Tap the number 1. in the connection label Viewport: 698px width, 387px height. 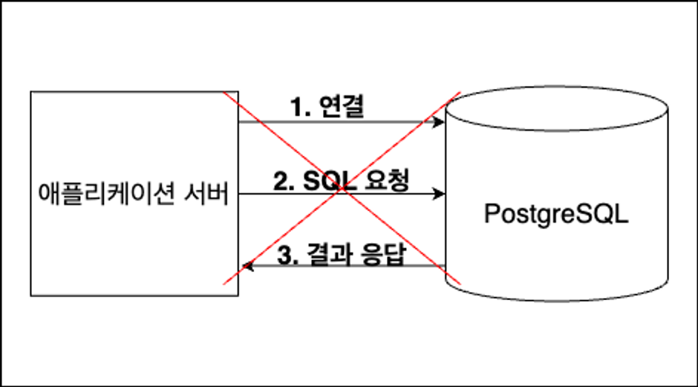pos(299,108)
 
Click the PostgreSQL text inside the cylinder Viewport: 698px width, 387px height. pos(555,214)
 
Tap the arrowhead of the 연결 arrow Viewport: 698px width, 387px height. pos(440,122)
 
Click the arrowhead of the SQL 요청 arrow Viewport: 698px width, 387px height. pos(440,194)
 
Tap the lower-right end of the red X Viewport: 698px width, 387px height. pos(461,284)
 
